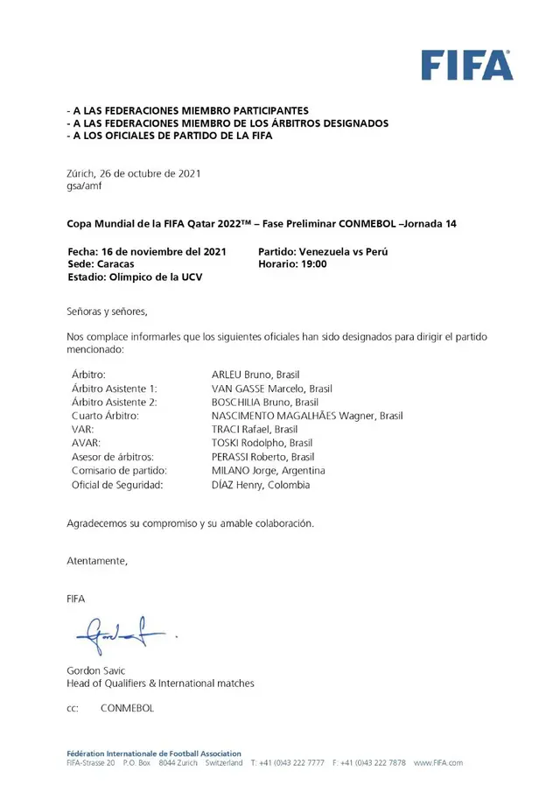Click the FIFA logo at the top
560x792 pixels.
(x=466, y=66)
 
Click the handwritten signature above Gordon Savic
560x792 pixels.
(x=123, y=634)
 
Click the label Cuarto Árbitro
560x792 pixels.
(x=104, y=416)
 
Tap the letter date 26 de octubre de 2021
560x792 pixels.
(x=148, y=173)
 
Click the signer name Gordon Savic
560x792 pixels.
(x=96, y=670)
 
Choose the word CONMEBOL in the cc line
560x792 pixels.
(x=127, y=708)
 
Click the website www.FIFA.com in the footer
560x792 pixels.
(x=438, y=763)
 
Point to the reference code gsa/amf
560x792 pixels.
(x=85, y=186)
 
